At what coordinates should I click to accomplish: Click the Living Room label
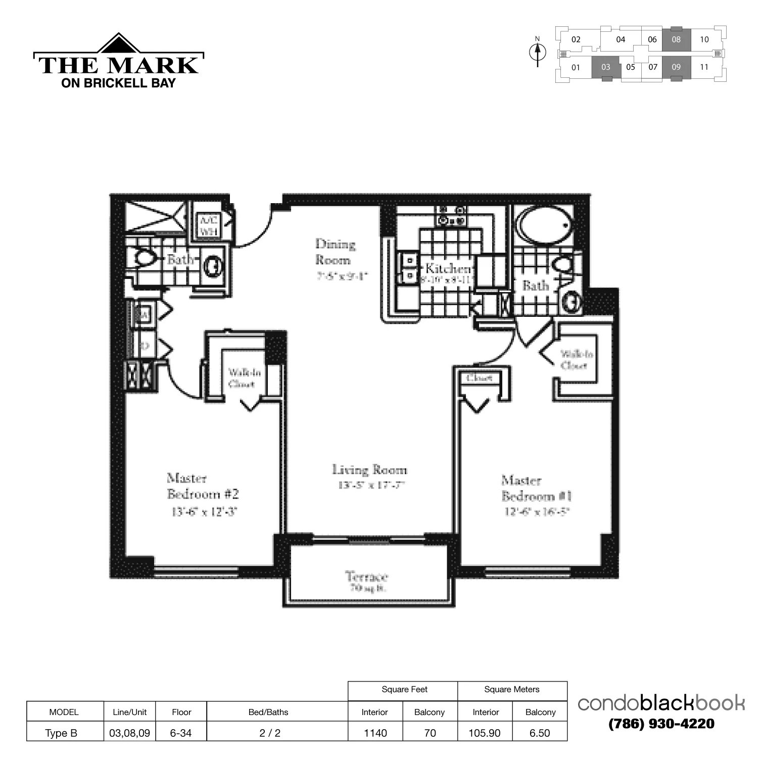(369, 470)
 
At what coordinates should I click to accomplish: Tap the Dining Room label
(334, 252)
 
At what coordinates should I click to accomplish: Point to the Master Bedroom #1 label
(536, 488)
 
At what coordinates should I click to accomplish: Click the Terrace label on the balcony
(367, 577)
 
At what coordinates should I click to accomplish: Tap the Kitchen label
(448, 268)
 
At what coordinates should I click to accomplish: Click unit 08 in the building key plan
(676, 39)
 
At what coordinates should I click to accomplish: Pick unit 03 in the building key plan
(606, 67)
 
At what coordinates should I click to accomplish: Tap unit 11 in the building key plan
(704, 67)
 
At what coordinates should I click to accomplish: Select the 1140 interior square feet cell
(375, 733)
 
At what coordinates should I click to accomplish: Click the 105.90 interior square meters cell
(485, 733)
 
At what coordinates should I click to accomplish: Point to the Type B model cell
(61, 733)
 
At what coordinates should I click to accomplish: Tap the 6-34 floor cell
(181, 733)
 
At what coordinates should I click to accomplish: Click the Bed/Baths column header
(268, 712)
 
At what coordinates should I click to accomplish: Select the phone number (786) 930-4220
(661, 724)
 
